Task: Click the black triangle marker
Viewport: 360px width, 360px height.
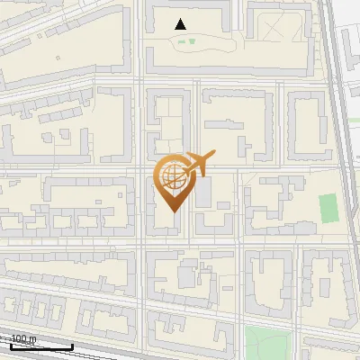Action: coord(181,24)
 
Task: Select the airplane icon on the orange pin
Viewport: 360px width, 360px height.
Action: coord(195,164)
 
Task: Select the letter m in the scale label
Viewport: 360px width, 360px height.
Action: coord(33,338)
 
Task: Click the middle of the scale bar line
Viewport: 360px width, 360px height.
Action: coord(41,346)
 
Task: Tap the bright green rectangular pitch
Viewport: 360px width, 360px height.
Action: coord(329,208)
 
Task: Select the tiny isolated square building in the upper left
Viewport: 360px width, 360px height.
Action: coord(58,59)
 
